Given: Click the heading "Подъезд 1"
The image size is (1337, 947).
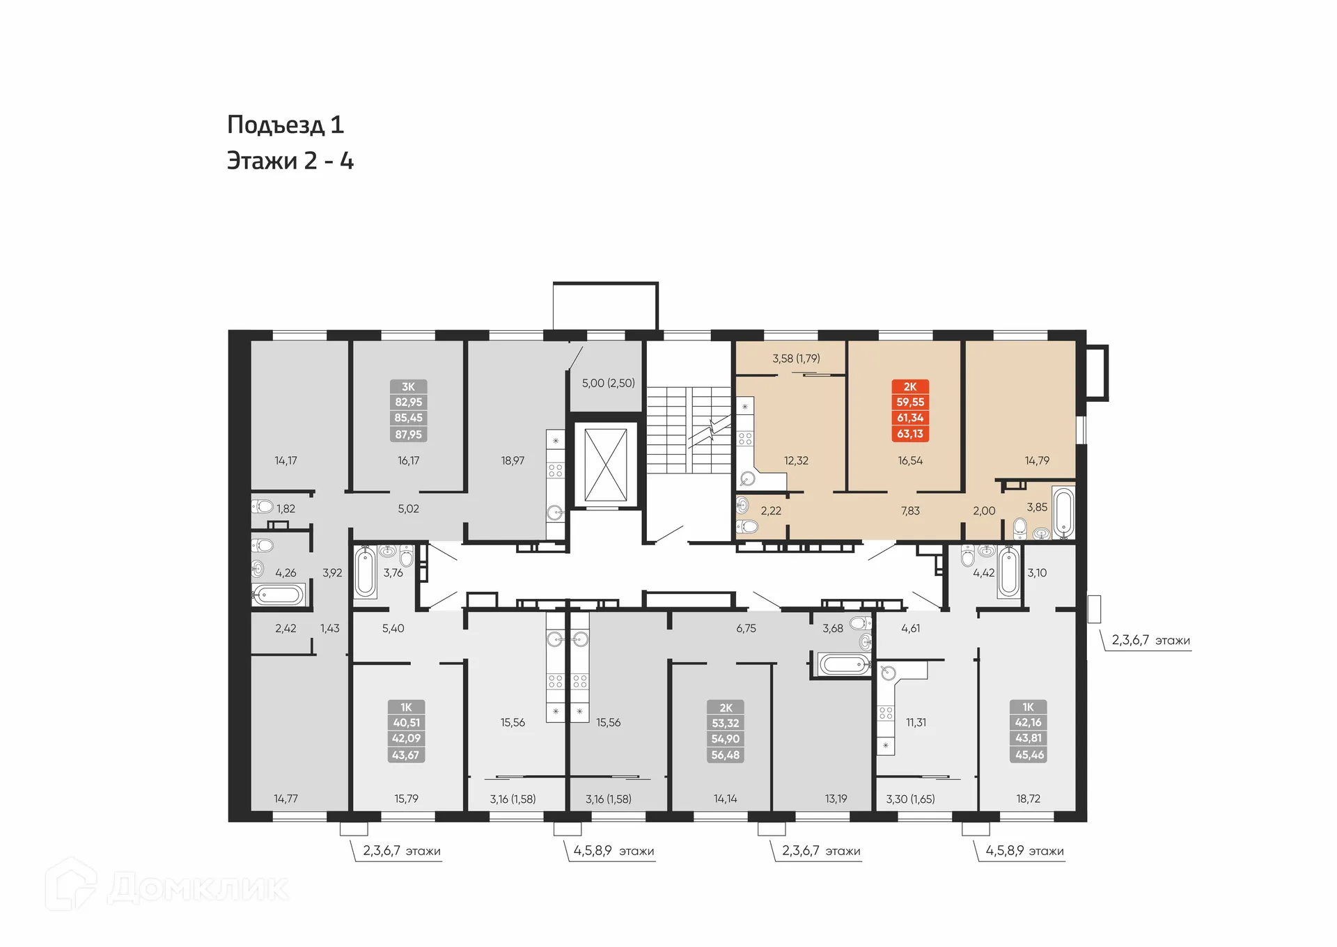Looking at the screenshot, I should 286,125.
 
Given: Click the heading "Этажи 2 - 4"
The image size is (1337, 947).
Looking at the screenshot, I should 290,162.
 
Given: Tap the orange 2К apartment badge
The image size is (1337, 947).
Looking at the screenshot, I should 910,411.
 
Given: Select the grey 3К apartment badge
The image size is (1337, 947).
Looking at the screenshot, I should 408,411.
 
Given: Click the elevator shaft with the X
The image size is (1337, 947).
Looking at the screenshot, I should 605,464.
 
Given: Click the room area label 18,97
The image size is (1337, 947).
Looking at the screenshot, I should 513,461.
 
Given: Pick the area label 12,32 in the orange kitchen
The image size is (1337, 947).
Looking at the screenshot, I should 796,461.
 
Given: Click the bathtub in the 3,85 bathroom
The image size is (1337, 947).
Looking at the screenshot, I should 1063,513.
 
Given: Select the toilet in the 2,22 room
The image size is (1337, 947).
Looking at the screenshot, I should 747,526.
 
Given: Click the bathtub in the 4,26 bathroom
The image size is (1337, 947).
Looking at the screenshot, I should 278,595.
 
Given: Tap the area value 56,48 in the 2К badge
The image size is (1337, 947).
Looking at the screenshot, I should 726,756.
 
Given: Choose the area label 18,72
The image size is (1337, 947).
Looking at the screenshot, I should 1028,799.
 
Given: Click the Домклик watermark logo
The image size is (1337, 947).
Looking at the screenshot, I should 167,887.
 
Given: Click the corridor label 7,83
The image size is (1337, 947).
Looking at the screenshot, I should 910,511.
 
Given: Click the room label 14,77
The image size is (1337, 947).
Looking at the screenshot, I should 286,799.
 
